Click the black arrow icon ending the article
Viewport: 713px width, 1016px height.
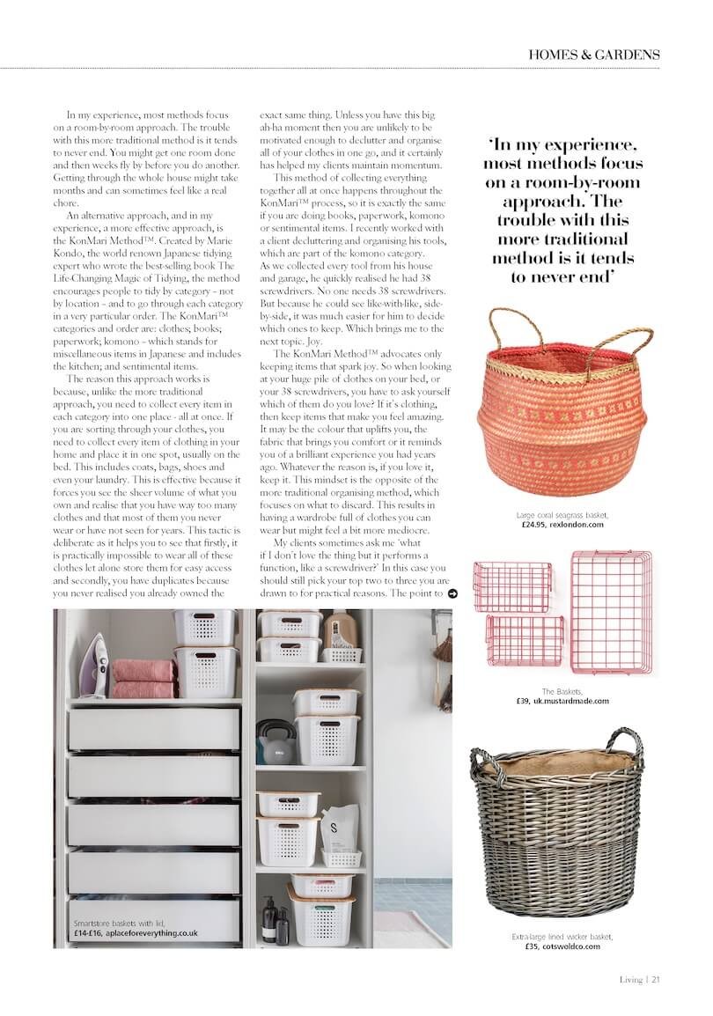pyautogui.click(x=452, y=594)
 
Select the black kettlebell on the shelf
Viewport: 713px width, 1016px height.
pyautogui.click(x=272, y=743)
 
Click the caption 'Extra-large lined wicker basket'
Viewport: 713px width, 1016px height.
pyautogui.click(x=562, y=937)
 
